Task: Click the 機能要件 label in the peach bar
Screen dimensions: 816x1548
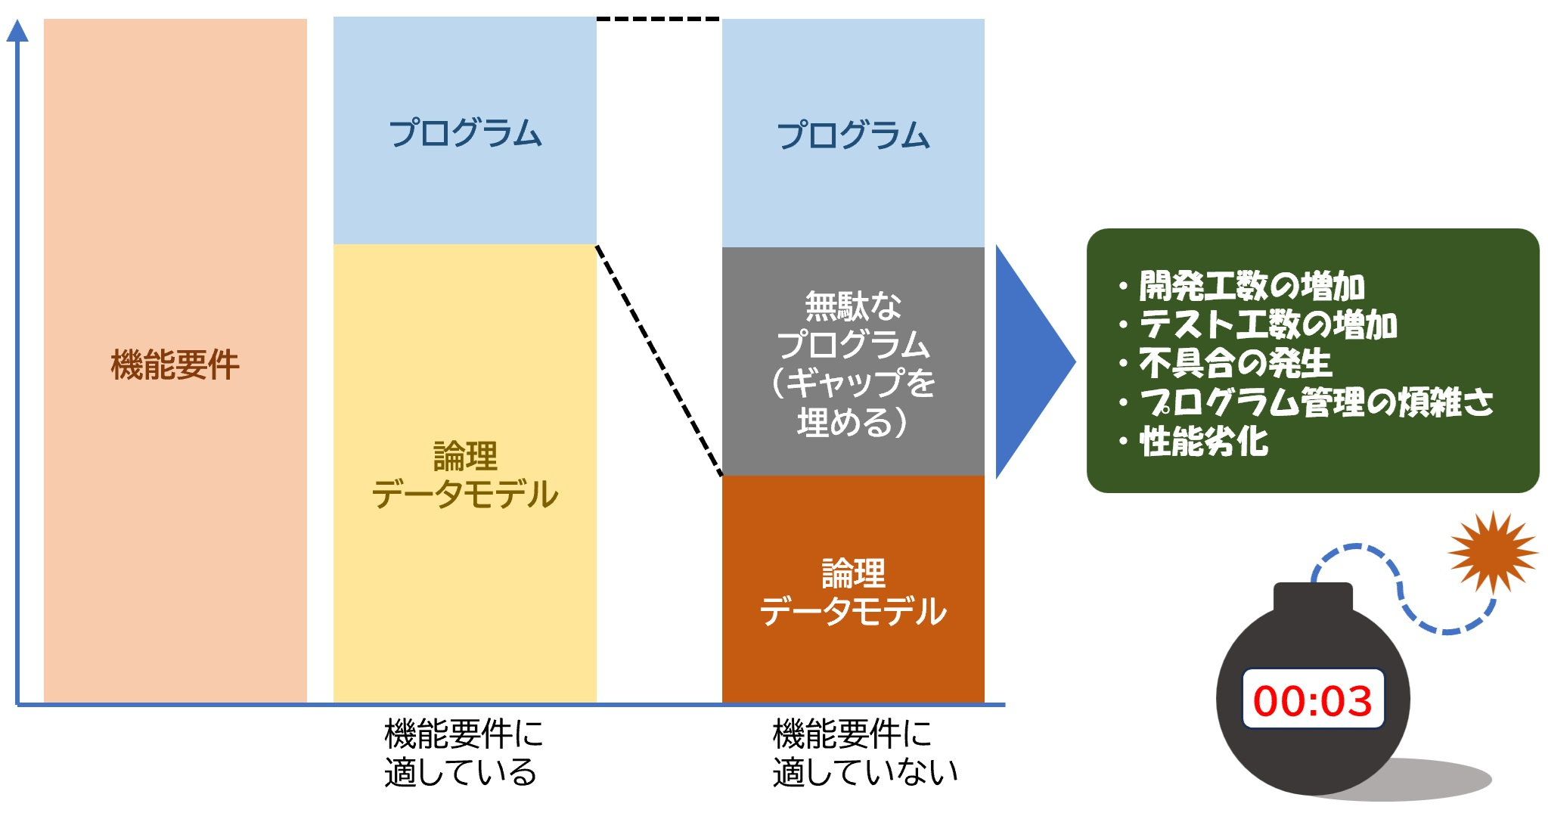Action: [x=175, y=365]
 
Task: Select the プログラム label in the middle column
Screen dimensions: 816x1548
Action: [x=464, y=132]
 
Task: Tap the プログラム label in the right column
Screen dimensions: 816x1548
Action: [x=853, y=135]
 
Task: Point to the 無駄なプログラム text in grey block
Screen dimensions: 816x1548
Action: [x=853, y=363]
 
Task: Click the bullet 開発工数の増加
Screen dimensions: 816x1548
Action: [x=1251, y=286]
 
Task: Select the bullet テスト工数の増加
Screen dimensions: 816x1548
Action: [x=1267, y=324]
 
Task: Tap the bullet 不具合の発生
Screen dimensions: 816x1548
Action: [x=1234, y=363]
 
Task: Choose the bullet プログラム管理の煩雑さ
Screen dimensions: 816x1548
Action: [x=1316, y=402]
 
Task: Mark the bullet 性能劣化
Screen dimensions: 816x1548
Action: [x=1203, y=441]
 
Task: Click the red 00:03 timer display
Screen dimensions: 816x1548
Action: [x=1312, y=700]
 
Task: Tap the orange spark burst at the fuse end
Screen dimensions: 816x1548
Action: [x=1492, y=551]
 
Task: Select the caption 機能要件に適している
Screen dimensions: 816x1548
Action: [x=463, y=753]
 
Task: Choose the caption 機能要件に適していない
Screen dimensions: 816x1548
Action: [x=864, y=753]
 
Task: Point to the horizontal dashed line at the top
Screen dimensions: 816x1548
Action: [x=658, y=19]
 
